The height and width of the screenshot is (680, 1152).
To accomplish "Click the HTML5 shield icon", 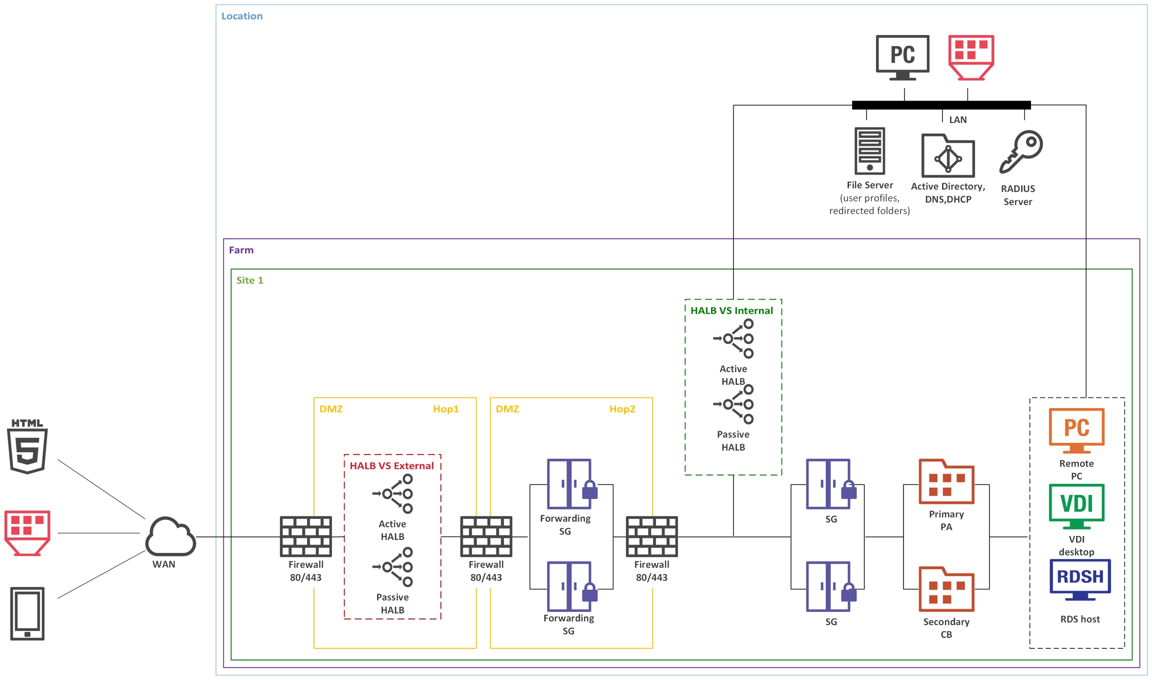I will [x=27, y=447].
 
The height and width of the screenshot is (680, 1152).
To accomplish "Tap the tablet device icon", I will [x=27, y=613].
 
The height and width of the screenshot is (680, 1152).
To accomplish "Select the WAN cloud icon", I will [x=170, y=537].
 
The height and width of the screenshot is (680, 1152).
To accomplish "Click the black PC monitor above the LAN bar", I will [x=902, y=56].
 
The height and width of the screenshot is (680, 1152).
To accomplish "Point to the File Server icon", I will [x=869, y=150].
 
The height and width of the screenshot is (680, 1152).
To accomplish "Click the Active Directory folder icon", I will [x=948, y=156].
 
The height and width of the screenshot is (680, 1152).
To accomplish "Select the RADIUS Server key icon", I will [x=1020, y=152].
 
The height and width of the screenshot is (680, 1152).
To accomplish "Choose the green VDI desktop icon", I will [x=1076, y=505].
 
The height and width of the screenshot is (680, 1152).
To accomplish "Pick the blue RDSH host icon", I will [x=1080, y=579].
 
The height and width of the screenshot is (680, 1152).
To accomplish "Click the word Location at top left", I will [x=242, y=16].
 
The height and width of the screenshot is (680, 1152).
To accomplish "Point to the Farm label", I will [x=241, y=250].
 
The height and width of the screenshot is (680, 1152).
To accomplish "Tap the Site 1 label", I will [x=249, y=280].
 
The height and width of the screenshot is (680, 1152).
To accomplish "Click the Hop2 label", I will [x=622, y=409].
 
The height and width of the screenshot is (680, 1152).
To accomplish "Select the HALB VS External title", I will [x=391, y=466].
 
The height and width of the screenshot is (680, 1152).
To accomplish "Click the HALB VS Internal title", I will [x=731, y=310].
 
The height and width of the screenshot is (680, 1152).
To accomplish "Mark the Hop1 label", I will [x=445, y=409].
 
